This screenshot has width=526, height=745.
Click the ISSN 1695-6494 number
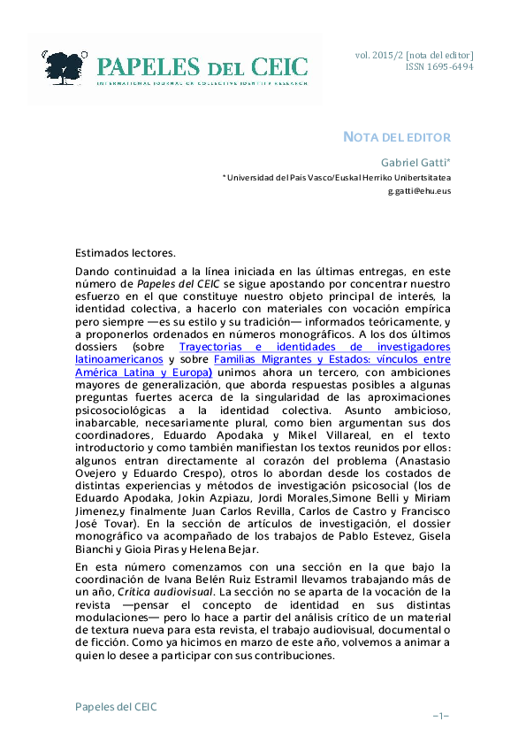coord(439,66)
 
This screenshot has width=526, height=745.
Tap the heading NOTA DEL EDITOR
coord(397,137)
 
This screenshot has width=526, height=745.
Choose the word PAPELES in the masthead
coord(148,66)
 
